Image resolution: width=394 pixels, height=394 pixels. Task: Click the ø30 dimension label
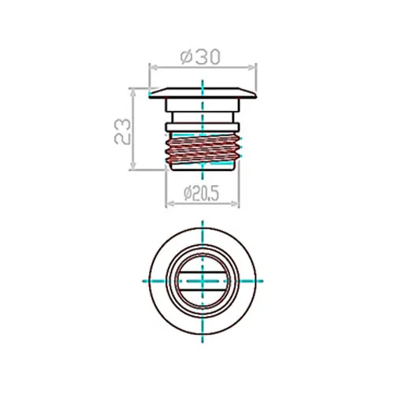coord(200,57)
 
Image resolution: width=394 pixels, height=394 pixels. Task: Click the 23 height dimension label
coord(122,132)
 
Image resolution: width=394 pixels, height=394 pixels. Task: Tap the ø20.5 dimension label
coord(202,194)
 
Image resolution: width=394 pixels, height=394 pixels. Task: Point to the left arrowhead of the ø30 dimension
coord(153,68)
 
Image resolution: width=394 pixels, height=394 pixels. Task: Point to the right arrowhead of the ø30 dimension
coord(251,68)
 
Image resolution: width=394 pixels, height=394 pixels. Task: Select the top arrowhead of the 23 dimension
coord(133,93)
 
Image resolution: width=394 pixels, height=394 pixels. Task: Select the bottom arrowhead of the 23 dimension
coord(133,165)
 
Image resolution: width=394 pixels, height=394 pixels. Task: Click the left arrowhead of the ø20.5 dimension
coord(170,203)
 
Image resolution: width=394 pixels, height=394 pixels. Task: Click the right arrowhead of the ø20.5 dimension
coord(235,203)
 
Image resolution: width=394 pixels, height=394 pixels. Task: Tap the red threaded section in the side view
coord(203,148)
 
